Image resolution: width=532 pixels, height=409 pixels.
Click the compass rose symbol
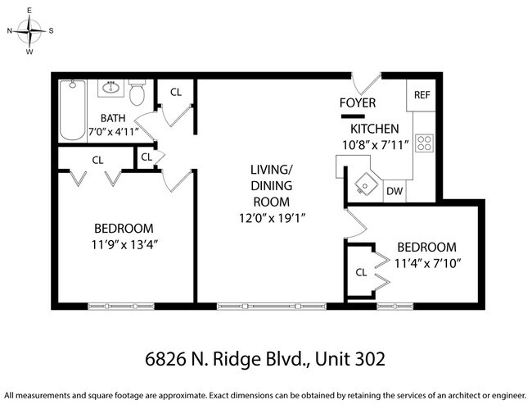[30, 31]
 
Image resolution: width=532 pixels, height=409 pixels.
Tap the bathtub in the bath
[73, 110]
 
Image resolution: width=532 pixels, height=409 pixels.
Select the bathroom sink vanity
[112, 87]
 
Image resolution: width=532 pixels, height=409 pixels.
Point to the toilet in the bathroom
[138, 92]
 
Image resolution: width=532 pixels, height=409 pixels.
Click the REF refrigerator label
[422, 95]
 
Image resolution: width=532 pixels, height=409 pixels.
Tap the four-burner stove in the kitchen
[424, 143]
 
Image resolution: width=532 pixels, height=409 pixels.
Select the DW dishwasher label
[394, 191]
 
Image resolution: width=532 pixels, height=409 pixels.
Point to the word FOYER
[358, 103]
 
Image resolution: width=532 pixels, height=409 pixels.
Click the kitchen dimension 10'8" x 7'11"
[374, 145]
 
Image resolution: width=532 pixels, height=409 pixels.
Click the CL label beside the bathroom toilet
[175, 92]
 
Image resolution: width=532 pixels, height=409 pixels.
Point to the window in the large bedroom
[120, 306]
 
